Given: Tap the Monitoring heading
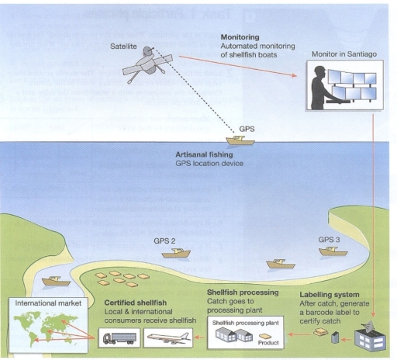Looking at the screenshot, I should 240,36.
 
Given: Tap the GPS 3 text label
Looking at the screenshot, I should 330,240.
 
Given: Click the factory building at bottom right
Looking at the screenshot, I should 371,337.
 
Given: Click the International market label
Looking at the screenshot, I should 41,303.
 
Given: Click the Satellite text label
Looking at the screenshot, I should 123,47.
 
